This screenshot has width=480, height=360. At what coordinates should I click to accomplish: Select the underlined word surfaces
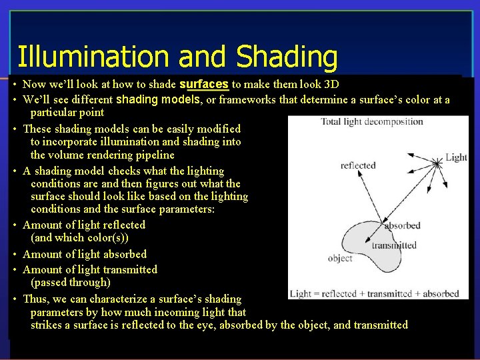(x=204, y=84)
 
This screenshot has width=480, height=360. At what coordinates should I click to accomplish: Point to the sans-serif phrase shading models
(x=159, y=99)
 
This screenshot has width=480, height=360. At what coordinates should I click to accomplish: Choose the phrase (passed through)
(x=70, y=283)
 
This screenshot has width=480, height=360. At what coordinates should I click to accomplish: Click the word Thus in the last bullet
(x=37, y=299)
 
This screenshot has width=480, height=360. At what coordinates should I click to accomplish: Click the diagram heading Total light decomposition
(x=372, y=121)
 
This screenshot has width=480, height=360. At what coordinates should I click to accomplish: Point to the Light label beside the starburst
(x=456, y=157)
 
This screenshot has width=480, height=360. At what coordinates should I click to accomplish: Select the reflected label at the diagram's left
(x=358, y=165)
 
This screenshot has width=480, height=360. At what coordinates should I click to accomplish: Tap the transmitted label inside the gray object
(x=393, y=245)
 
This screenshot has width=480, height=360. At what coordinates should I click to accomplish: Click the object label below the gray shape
(x=340, y=258)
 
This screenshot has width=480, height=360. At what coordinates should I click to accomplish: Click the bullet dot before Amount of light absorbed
(x=14, y=254)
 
